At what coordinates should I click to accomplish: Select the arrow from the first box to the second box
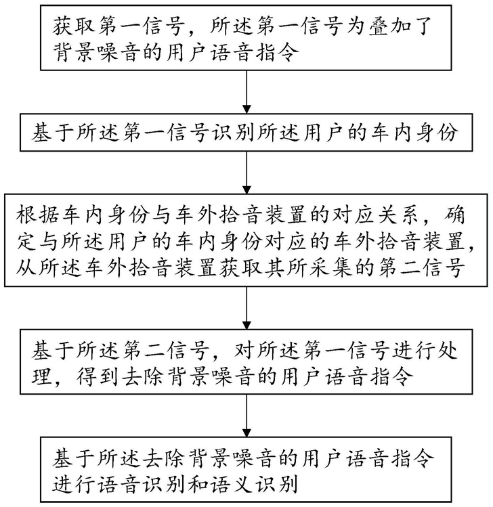click(x=246, y=92)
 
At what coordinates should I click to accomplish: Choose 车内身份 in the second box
click(x=414, y=133)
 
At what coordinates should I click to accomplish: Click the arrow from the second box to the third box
click(x=246, y=173)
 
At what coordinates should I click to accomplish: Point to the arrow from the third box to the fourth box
click(x=246, y=308)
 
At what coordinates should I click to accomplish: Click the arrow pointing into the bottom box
click(x=246, y=416)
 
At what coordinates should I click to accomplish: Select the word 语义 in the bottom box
click(x=232, y=485)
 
